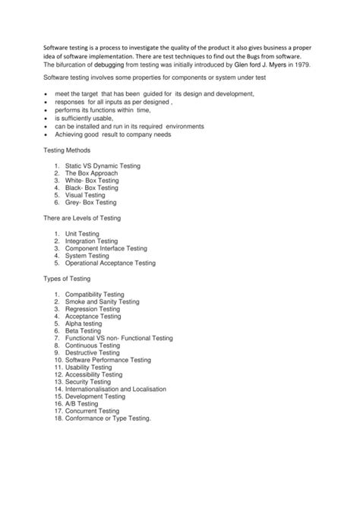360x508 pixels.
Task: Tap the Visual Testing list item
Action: pos(85,195)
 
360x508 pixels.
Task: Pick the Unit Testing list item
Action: pos(82,233)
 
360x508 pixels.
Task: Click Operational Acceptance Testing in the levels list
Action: pos(109,263)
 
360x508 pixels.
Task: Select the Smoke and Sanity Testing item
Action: pos(102,301)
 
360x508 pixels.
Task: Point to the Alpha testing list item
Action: pos(84,323)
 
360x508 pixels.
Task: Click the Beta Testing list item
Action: pos(82,331)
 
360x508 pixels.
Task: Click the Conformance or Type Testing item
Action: pos(108,418)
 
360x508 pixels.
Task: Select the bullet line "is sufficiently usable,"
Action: pos(92,119)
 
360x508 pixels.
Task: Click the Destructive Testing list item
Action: pos(92,352)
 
